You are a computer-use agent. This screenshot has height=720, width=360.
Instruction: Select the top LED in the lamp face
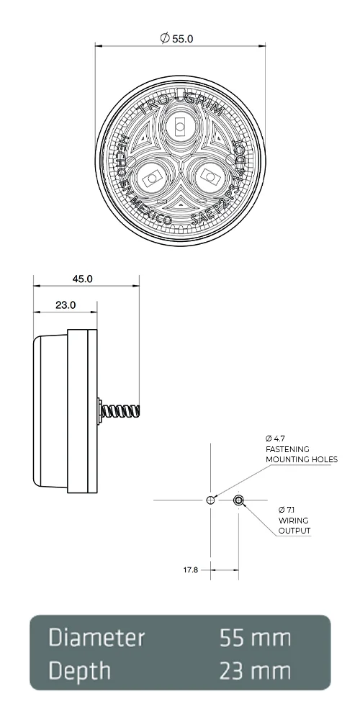[179, 128]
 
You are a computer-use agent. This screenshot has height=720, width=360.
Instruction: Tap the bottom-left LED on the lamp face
[150, 177]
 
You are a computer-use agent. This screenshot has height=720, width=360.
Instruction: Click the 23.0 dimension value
[66, 305]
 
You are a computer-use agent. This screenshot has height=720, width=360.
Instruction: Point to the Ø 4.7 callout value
[276, 438]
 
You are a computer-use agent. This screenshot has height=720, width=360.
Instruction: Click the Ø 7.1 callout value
[286, 510]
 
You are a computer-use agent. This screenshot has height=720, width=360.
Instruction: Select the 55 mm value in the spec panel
[256, 638]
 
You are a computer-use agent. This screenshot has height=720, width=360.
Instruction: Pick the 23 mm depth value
[256, 671]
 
